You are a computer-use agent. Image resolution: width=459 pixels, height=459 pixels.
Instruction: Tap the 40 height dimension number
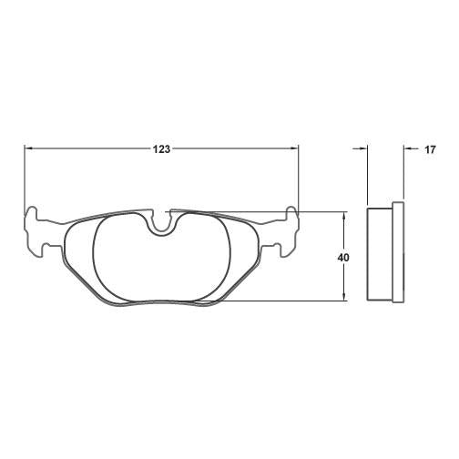point(343,258)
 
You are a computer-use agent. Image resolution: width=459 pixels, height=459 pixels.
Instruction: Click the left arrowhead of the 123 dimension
point(27,148)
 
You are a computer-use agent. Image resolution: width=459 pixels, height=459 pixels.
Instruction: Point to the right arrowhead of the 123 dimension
point(294,148)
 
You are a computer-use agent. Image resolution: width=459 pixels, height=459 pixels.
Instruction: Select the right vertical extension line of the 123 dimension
point(299,178)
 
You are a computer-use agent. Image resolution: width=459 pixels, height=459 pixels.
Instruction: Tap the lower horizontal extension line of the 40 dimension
point(291,301)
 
